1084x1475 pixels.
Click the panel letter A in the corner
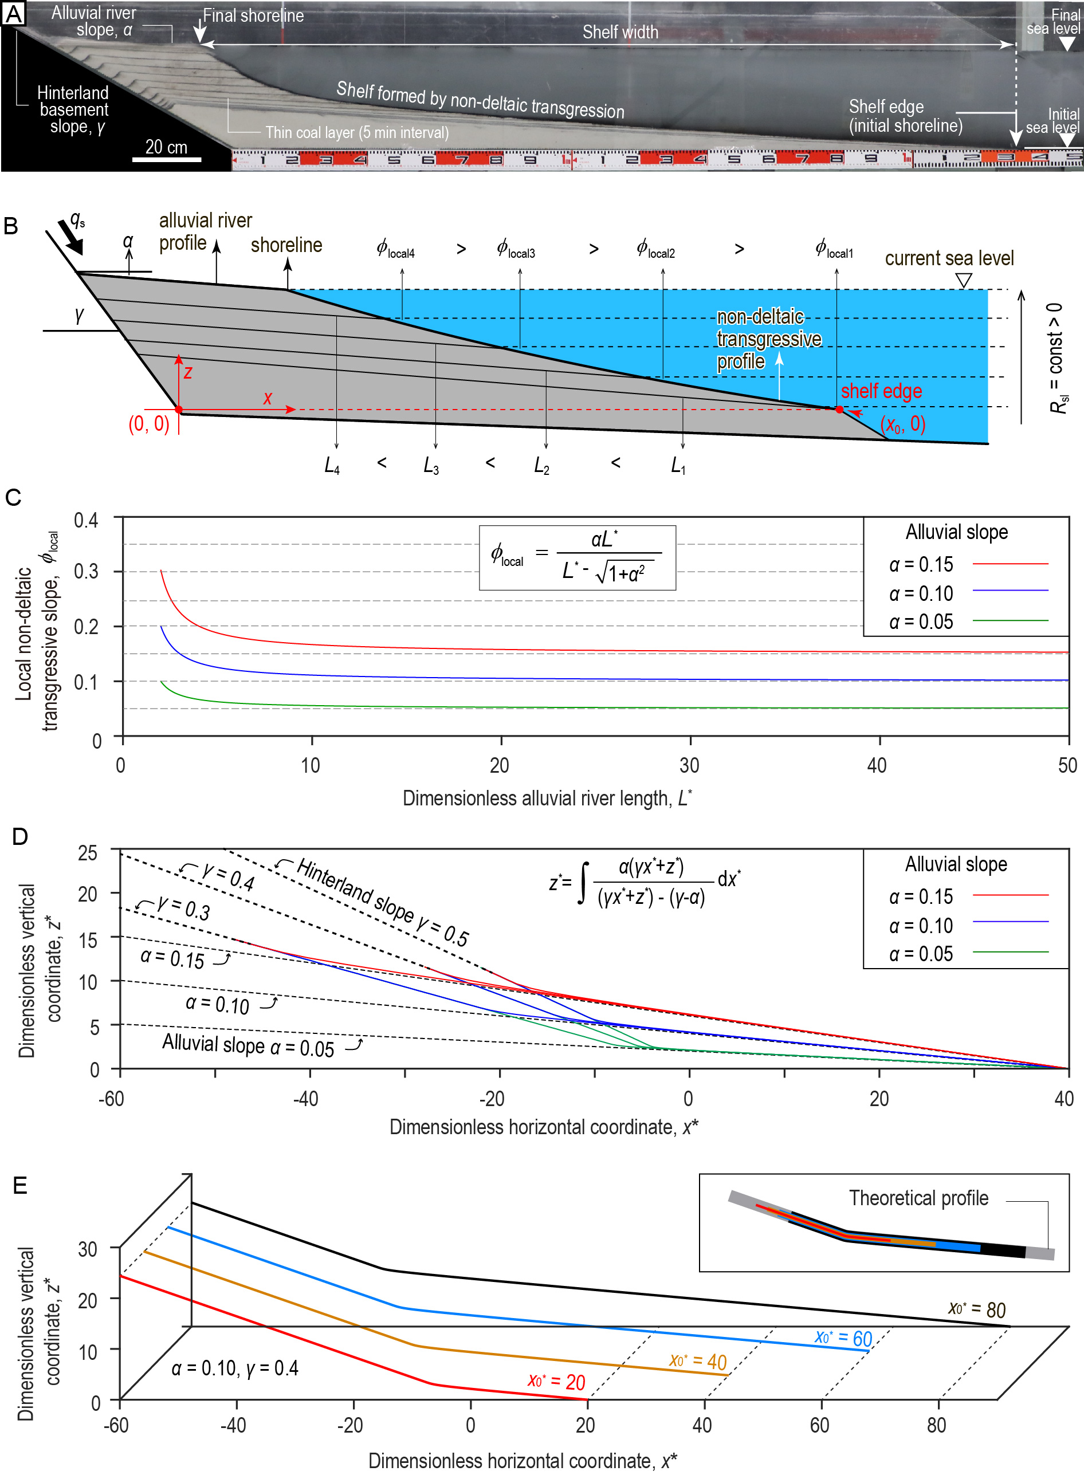click(13, 13)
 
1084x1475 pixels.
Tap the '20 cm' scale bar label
click(166, 147)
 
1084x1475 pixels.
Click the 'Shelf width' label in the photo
click(620, 32)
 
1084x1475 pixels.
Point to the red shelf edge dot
click(839, 409)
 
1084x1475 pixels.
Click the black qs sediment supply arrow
click(71, 237)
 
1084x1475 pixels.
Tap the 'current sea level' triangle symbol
click(963, 281)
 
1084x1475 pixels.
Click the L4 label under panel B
click(332, 466)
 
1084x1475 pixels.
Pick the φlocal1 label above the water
click(834, 249)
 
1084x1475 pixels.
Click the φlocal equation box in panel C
click(577, 557)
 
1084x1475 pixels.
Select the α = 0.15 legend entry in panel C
click(967, 564)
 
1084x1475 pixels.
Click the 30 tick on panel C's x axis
click(689, 765)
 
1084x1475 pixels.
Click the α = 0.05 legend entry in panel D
click(967, 954)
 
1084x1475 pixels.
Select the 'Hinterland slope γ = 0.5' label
click(383, 902)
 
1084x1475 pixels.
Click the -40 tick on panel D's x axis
click(306, 1098)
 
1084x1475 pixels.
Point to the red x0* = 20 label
click(556, 1381)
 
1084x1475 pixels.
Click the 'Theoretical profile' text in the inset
click(918, 1198)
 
